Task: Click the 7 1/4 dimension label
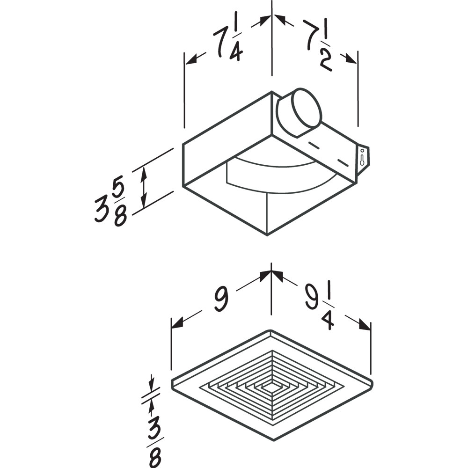tap(228, 43)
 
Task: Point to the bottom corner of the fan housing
tap(267, 234)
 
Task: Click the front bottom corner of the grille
tap(271, 440)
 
